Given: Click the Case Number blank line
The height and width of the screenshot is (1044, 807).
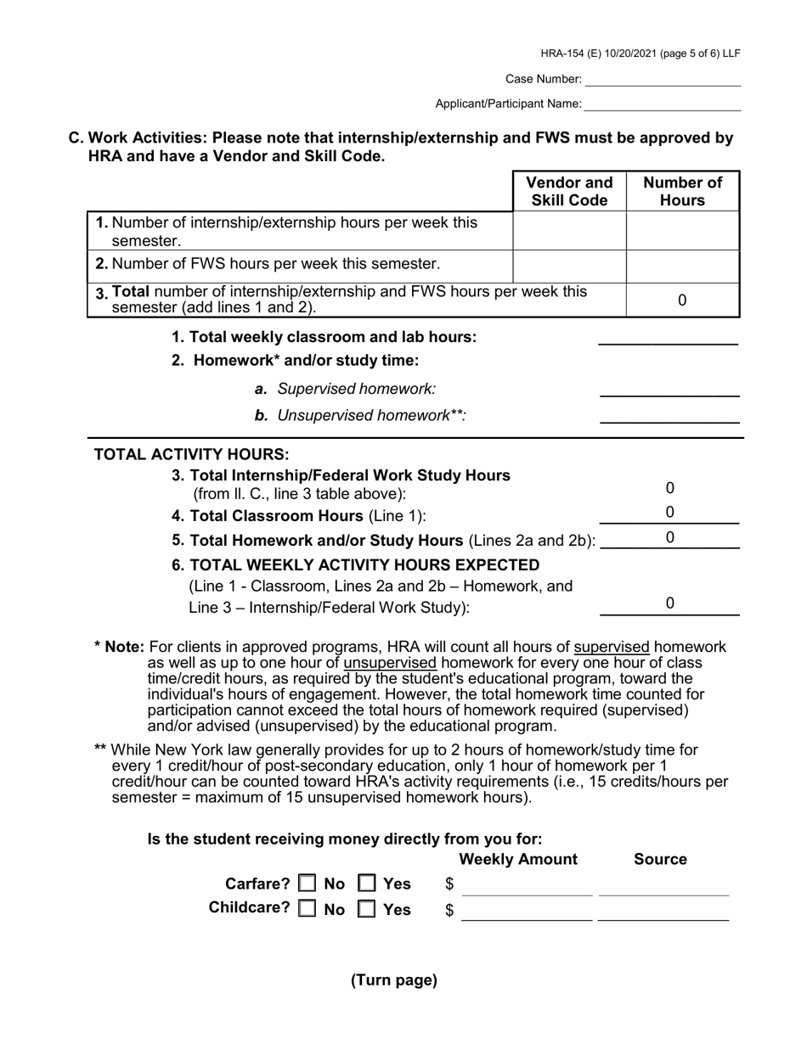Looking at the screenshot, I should coord(663,80).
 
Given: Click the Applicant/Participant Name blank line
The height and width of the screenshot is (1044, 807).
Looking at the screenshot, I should coord(663,104).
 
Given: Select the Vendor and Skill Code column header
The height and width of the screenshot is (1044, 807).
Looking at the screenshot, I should coord(569,192).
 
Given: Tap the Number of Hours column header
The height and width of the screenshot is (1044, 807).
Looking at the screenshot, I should coord(682,192).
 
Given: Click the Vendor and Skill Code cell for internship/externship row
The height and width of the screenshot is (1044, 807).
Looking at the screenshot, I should coord(569,231).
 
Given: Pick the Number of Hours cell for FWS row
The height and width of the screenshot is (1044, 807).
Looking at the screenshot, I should coord(682,266).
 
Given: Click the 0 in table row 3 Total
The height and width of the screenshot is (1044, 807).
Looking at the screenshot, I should coord(682,300).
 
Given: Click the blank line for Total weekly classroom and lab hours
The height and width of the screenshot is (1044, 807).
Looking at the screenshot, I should coord(668,338).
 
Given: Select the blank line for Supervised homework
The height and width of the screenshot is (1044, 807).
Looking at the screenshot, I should coord(669,390).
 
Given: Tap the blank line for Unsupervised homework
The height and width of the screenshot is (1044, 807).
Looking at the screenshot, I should coord(669,416).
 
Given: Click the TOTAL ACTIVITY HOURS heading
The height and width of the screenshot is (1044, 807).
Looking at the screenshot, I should coord(191,454).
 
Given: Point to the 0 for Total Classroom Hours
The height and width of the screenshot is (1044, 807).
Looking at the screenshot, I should coord(669,513).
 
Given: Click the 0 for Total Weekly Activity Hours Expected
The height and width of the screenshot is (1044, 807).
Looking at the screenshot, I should coord(669,603).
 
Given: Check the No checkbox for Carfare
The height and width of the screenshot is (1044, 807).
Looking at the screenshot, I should coord(308,884).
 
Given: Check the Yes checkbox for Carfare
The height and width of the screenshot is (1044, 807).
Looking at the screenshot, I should coord(367,884).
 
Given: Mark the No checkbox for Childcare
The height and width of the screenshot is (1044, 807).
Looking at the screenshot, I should coord(308,909).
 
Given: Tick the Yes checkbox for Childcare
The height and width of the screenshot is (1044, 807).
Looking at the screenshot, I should coord(367,909).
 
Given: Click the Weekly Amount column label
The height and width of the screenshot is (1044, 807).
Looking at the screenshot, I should coord(517,860).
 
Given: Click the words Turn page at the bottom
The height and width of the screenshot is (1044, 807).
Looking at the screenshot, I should coord(394,981).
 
